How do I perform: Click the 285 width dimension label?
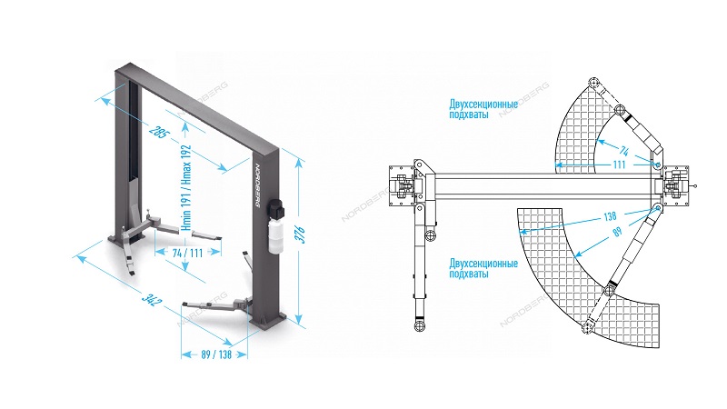159,132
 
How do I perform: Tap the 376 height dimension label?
300,234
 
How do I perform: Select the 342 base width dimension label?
152,300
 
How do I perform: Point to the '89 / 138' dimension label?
216,354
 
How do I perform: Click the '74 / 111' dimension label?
187,254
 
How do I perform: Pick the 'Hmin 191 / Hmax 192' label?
186,188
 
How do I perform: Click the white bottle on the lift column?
275,235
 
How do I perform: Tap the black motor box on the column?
277,208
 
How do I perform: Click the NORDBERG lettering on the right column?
258,185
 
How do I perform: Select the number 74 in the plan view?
624,151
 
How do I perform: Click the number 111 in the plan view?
620,165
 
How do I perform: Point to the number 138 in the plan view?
610,216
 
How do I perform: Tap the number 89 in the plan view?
617,232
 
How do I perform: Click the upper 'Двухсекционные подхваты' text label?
483,108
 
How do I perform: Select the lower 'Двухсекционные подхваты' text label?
483,268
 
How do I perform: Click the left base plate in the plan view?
402,186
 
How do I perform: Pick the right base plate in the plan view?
675,186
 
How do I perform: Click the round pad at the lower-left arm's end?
420,325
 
